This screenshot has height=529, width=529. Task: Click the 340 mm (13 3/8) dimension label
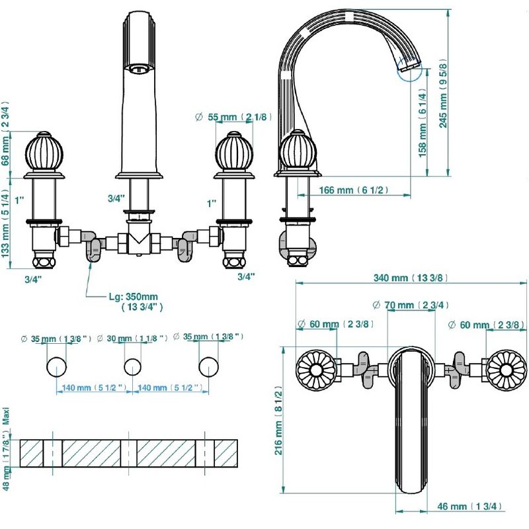click(x=411, y=278)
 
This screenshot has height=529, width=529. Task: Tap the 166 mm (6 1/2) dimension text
click(x=353, y=190)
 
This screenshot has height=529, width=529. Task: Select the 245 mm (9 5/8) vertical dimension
click(x=443, y=95)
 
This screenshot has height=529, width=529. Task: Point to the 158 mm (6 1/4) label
click(x=422, y=123)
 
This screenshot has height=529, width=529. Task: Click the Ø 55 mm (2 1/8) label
click(x=233, y=117)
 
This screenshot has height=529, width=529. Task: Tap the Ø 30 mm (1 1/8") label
click(x=132, y=338)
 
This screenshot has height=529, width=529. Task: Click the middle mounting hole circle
click(x=133, y=367)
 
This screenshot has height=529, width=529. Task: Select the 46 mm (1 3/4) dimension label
click(x=469, y=506)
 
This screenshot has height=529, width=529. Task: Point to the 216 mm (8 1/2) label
click(x=278, y=421)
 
